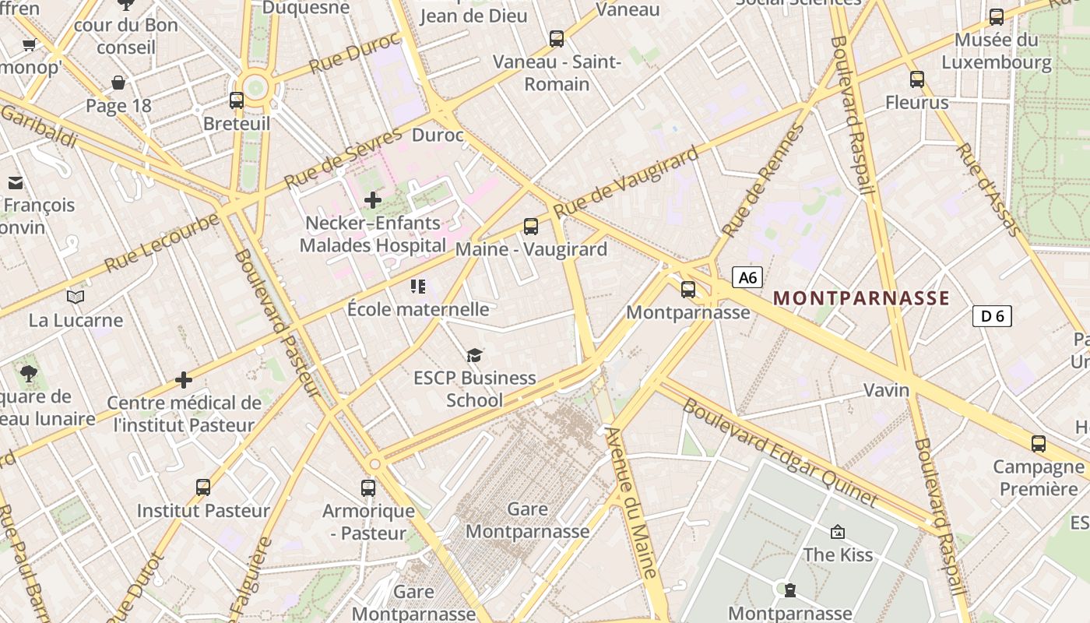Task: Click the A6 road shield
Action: click(x=747, y=277)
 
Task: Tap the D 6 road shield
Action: click(x=992, y=315)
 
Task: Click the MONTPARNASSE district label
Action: click(x=861, y=298)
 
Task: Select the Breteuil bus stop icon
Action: click(x=237, y=100)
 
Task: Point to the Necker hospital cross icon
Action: click(x=373, y=200)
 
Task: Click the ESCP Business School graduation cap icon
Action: click(x=474, y=356)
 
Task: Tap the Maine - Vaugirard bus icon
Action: click(x=531, y=227)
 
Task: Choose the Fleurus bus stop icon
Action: click(x=917, y=79)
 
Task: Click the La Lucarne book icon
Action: click(x=76, y=297)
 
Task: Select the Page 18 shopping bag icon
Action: click(x=118, y=83)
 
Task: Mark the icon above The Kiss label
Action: click(x=838, y=532)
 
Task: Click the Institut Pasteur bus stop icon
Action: click(x=203, y=487)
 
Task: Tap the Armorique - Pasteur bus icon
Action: click(x=368, y=488)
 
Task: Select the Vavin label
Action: click(x=886, y=389)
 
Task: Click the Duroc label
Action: click(x=438, y=136)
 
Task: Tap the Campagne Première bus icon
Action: click(x=1038, y=444)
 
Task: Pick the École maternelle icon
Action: click(x=418, y=287)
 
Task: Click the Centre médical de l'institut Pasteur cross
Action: click(x=184, y=380)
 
